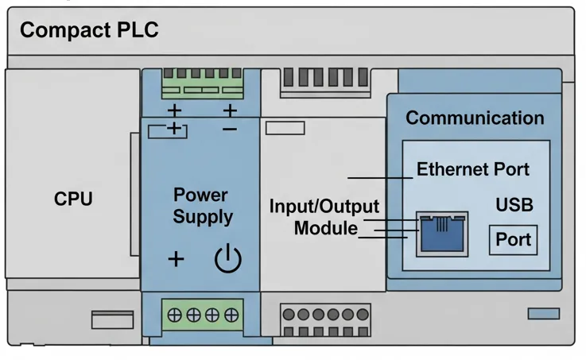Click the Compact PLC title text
click(89, 31)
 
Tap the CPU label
click(73, 199)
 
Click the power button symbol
click(228, 259)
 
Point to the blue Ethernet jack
click(443, 234)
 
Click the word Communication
click(475, 118)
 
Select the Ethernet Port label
click(472, 169)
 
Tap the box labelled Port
click(513, 239)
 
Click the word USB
click(514, 205)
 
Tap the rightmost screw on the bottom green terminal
click(231, 315)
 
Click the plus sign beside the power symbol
click(176, 259)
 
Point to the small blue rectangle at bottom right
click(543, 314)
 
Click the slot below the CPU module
click(112, 319)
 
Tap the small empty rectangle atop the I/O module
click(285, 128)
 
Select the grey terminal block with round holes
click(325, 321)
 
